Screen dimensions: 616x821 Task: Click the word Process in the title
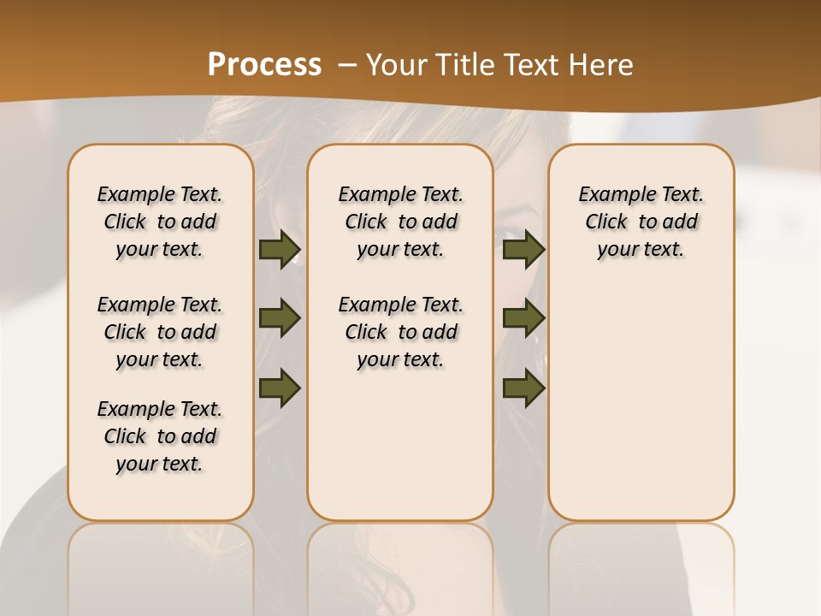(264, 65)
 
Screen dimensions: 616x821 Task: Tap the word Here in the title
(602, 65)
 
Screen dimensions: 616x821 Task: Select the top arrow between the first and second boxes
(280, 250)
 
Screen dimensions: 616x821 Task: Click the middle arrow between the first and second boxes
(280, 318)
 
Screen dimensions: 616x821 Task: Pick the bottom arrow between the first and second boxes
(280, 388)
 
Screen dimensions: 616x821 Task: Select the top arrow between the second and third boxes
(523, 250)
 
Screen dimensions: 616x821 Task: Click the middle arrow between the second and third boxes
(523, 318)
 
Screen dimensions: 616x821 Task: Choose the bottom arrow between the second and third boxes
(523, 388)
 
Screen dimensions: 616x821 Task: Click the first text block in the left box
(160, 222)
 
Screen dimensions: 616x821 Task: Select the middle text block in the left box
(160, 332)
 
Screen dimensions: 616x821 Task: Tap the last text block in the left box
(160, 436)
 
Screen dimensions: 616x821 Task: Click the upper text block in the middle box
(400, 222)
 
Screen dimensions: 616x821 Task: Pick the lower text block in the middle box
(400, 332)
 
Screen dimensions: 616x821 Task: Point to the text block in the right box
(641, 222)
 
